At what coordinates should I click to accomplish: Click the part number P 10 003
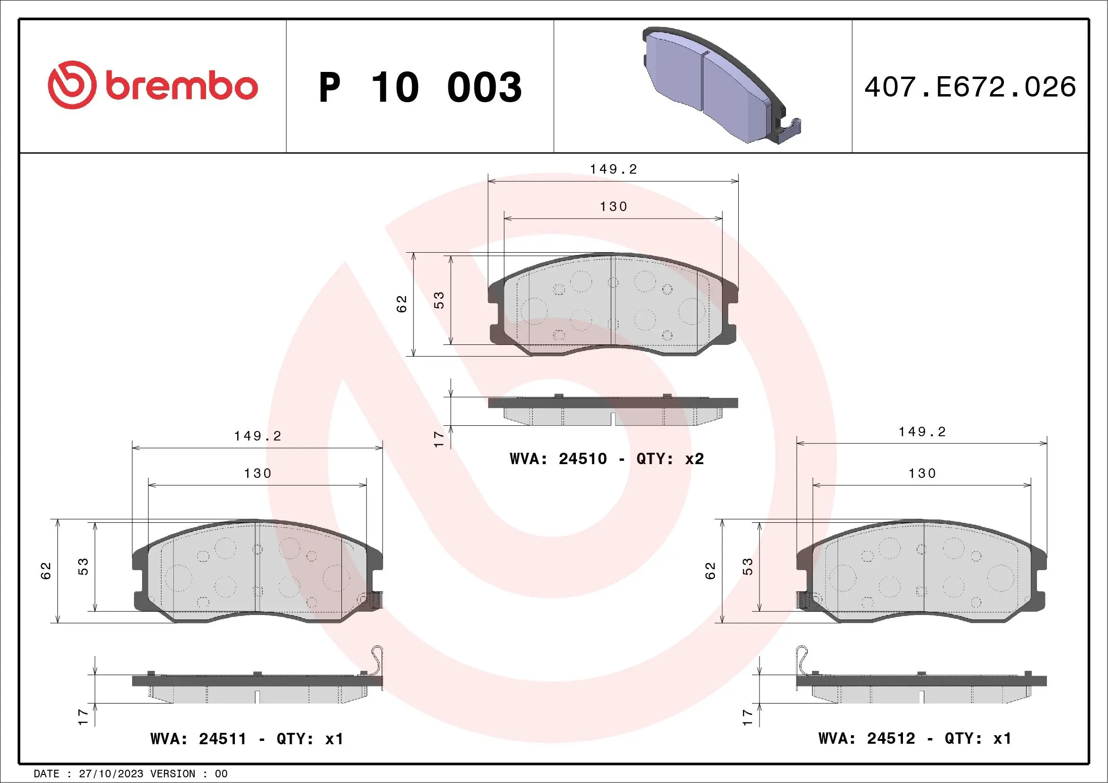[x=420, y=87]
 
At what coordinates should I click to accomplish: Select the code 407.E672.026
[x=970, y=87]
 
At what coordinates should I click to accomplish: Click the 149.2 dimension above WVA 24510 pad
[x=613, y=169]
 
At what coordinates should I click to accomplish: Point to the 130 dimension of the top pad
[x=613, y=207]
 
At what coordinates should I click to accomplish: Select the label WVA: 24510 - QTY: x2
[x=607, y=458]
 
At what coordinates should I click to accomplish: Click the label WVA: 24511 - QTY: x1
[x=247, y=739]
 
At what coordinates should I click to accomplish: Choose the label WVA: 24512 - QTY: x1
[x=914, y=738]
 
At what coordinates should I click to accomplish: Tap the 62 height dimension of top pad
[x=402, y=304]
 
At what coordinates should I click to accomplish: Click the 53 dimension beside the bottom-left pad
[x=83, y=566]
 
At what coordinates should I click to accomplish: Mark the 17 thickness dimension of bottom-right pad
[x=748, y=717]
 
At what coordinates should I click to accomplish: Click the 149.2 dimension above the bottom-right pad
[x=922, y=432]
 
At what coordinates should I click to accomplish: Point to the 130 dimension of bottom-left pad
[x=258, y=474]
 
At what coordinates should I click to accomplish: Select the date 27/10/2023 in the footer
[x=111, y=774]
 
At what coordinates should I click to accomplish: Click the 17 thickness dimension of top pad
[x=438, y=439]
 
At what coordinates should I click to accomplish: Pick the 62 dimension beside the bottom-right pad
[x=710, y=571]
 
